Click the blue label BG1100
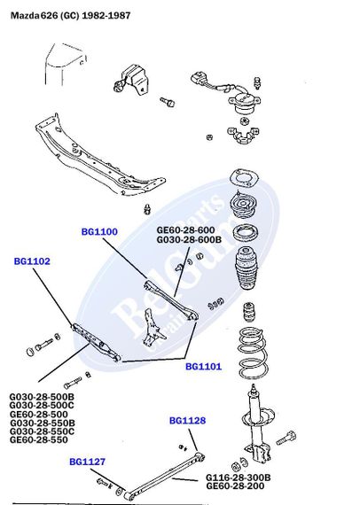tap(98, 232)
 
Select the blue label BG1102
tap(32, 262)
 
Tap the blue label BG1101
tap(203, 366)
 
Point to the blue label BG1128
tap(187, 420)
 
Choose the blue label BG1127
tap(88, 462)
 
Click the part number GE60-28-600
tap(185, 229)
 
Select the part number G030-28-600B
tap(189, 239)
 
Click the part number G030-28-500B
tap(42, 396)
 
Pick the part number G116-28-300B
tap(239, 478)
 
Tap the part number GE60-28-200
tap(235, 486)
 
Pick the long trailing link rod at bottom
tap(164, 470)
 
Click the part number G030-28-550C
tap(42, 431)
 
